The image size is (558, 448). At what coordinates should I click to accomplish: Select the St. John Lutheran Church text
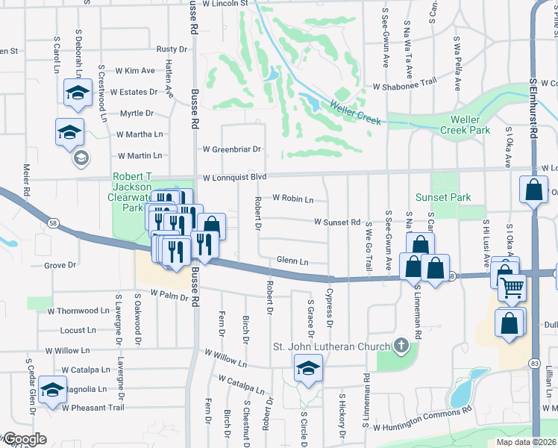click(x=331, y=346)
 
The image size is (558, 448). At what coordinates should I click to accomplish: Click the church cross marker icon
click(x=402, y=346)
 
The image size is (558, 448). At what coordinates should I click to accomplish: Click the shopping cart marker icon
click(x=512, y=287)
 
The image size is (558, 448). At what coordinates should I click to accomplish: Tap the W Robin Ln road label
click(x=292, y=199)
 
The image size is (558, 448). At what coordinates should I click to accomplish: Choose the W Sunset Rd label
click(x=337, y=223)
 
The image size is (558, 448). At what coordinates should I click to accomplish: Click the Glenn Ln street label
click(x=292, y=261)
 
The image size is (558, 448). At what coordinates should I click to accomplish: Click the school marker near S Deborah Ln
click(x=77, y=92)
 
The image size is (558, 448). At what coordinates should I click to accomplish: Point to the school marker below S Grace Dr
click(x=307, y=368)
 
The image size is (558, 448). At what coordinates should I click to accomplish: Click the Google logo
click(x=24, y=440)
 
